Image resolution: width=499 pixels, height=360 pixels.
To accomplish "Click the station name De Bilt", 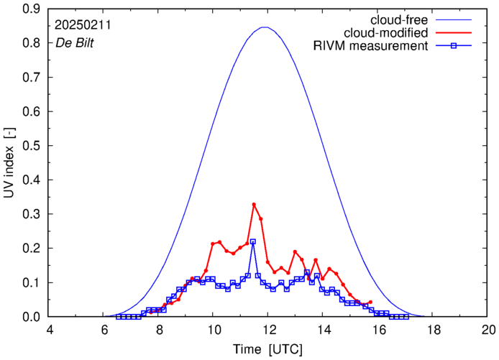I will click(74, 42).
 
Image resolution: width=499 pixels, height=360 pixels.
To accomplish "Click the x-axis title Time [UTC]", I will click(268, 349).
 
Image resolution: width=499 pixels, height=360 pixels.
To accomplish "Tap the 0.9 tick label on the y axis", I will click(32, 9).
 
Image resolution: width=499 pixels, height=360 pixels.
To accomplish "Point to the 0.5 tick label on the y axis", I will click(32, 146).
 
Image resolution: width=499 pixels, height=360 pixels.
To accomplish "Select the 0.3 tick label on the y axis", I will click(32, 214).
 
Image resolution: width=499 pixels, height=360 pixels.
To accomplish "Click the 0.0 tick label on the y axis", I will click(32, 317).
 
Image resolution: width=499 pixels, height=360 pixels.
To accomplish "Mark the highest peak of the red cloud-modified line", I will click(254, 205).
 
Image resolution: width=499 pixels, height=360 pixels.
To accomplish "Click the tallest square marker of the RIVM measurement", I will click(253, 241).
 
